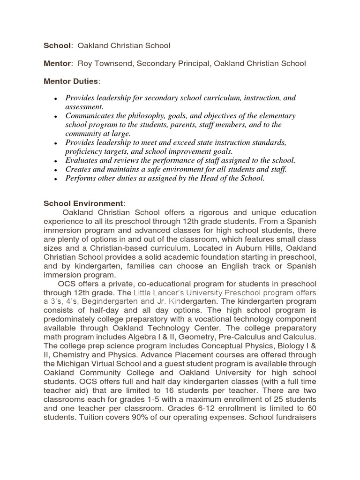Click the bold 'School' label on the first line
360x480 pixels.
(x=57, y=45)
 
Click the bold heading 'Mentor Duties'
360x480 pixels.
(x=71, y=81)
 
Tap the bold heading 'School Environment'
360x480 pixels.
(x=83, y=203)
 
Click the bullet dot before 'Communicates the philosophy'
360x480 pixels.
(x=56, y=116)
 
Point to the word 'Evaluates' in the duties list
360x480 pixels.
(x=82, y=160)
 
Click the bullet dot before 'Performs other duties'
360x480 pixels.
(x=56, y=179)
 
